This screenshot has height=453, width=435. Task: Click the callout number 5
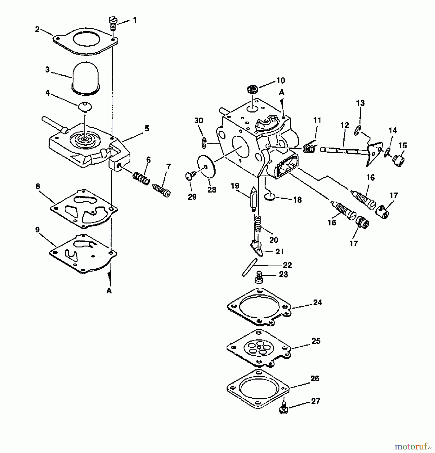pos(147,128)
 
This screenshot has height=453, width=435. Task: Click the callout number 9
pos(38,230)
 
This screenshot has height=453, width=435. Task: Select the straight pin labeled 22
pos(249,267)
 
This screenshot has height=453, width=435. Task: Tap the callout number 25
pos(316,341)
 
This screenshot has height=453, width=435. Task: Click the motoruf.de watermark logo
pos(413,446)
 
